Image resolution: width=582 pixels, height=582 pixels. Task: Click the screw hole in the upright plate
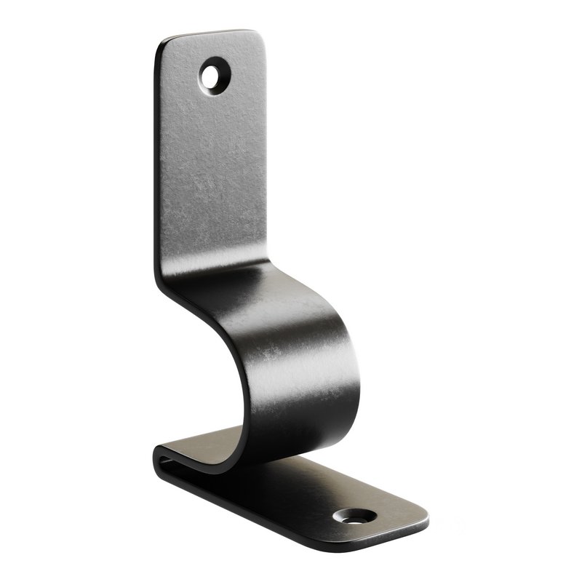[212, 74]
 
